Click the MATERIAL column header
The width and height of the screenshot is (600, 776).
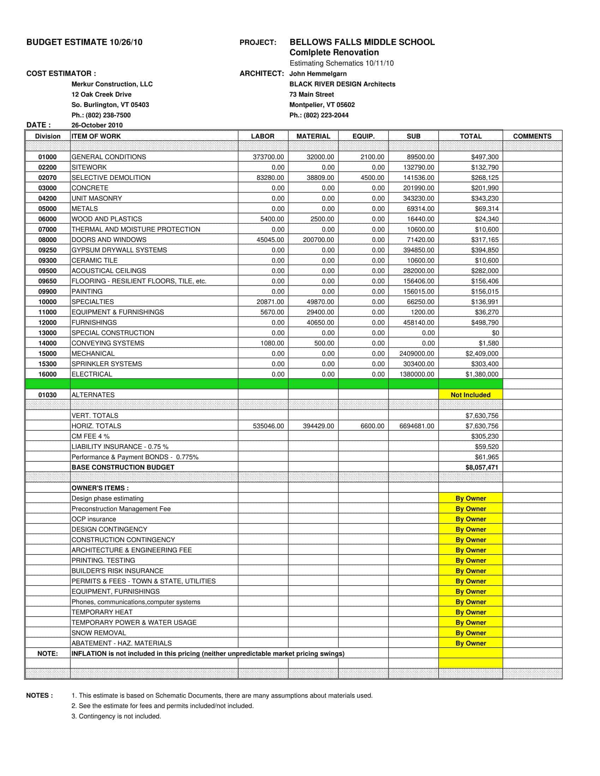pos(313,136)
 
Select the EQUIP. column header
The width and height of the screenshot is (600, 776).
pos(363,136)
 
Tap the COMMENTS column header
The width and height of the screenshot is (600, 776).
pos(532,136)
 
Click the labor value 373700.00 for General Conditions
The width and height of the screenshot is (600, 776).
pos(268,157)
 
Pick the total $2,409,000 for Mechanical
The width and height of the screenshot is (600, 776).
pos(482,353)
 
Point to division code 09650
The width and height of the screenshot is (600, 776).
pos(47,281)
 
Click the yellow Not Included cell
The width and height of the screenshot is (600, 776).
pos(470,395)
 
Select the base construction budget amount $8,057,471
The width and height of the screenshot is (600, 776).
pos(482,467)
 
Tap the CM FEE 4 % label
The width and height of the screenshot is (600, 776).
pos(91,436)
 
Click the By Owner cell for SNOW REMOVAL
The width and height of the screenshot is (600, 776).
pos(470,633)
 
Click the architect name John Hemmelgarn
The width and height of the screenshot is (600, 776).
pos(318,74)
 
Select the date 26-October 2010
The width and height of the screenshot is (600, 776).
pos(97,125)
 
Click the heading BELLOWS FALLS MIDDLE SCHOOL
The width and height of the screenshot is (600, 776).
pos(362,42)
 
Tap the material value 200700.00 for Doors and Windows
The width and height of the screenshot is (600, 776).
pos(318,240)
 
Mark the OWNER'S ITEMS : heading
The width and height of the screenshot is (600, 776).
pos(100,488)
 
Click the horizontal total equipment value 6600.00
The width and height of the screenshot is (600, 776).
pos(372,426)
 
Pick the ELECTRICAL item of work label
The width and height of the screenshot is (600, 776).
pos(92,374)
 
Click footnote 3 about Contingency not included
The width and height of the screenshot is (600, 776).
pos(116,716)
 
